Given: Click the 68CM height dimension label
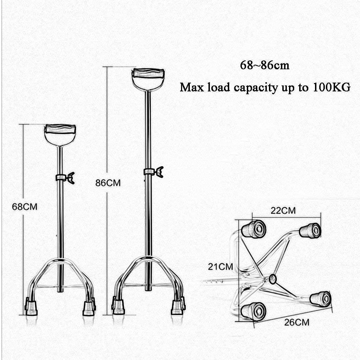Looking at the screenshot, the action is click(25, 207).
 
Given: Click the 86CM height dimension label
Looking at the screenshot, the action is click(108, 183).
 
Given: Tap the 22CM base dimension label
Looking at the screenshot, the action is click(283, 211).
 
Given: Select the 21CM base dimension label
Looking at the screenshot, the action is click(220, 266).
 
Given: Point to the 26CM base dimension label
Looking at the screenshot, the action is click(297, 322).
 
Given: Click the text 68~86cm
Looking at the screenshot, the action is click(265, 65).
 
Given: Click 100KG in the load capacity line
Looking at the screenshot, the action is click(332, 87).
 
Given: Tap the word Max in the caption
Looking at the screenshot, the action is click(192, 87).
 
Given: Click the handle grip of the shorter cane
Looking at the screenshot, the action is click(60, 129).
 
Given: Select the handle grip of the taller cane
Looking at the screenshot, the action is click(148, 73).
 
